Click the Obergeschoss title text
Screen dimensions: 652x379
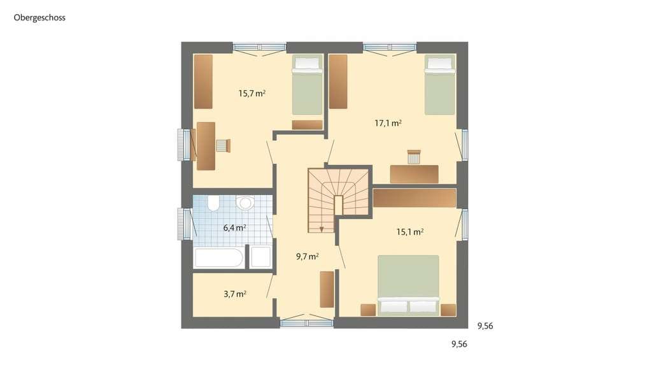39,18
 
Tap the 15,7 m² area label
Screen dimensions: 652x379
252,93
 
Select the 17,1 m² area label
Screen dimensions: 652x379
388,123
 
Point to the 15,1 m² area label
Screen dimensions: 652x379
410,232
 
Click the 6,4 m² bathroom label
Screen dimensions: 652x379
234,227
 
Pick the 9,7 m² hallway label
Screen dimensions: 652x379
308,257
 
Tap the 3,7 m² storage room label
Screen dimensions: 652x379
235,294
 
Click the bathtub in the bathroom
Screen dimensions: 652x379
219,257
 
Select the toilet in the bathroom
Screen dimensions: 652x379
213,203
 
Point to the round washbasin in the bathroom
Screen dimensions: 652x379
245,203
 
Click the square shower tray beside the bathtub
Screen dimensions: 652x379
260,257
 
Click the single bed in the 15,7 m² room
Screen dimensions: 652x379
308,85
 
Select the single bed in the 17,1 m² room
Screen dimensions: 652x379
440,85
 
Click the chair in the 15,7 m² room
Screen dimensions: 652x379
223,146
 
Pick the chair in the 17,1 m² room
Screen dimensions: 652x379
414,157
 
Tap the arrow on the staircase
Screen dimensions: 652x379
322,229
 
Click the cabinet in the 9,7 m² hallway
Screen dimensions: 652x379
327,289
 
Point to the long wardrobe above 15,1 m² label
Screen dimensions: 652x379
414,198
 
